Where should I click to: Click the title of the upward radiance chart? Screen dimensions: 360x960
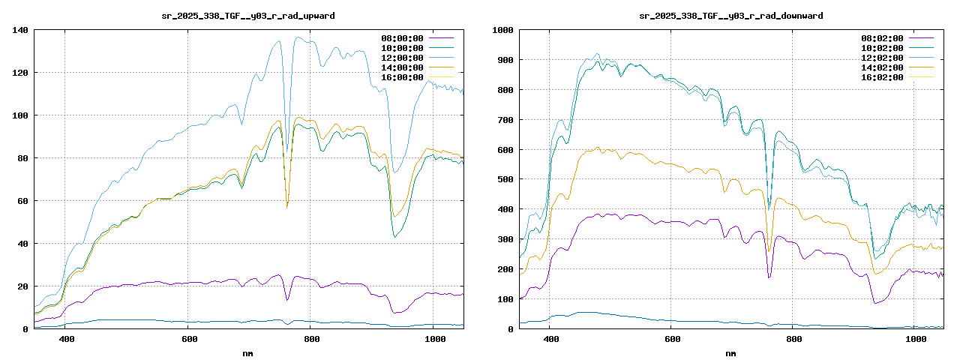point(248,15)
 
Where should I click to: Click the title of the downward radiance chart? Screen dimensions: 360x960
point(730,15)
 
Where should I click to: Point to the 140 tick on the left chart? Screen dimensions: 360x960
point(19,30)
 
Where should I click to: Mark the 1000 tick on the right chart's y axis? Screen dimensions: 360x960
point(502,30)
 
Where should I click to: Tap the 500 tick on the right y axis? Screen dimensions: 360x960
point(504,179)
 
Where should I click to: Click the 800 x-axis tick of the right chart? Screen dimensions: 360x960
point(794,340)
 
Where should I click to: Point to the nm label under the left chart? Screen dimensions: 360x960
point(248,352)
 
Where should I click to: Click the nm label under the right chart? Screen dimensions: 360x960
point(730,352)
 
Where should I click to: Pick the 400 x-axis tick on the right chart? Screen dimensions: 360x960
point(550,340)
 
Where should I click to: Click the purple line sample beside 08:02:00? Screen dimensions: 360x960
point(922,38)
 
